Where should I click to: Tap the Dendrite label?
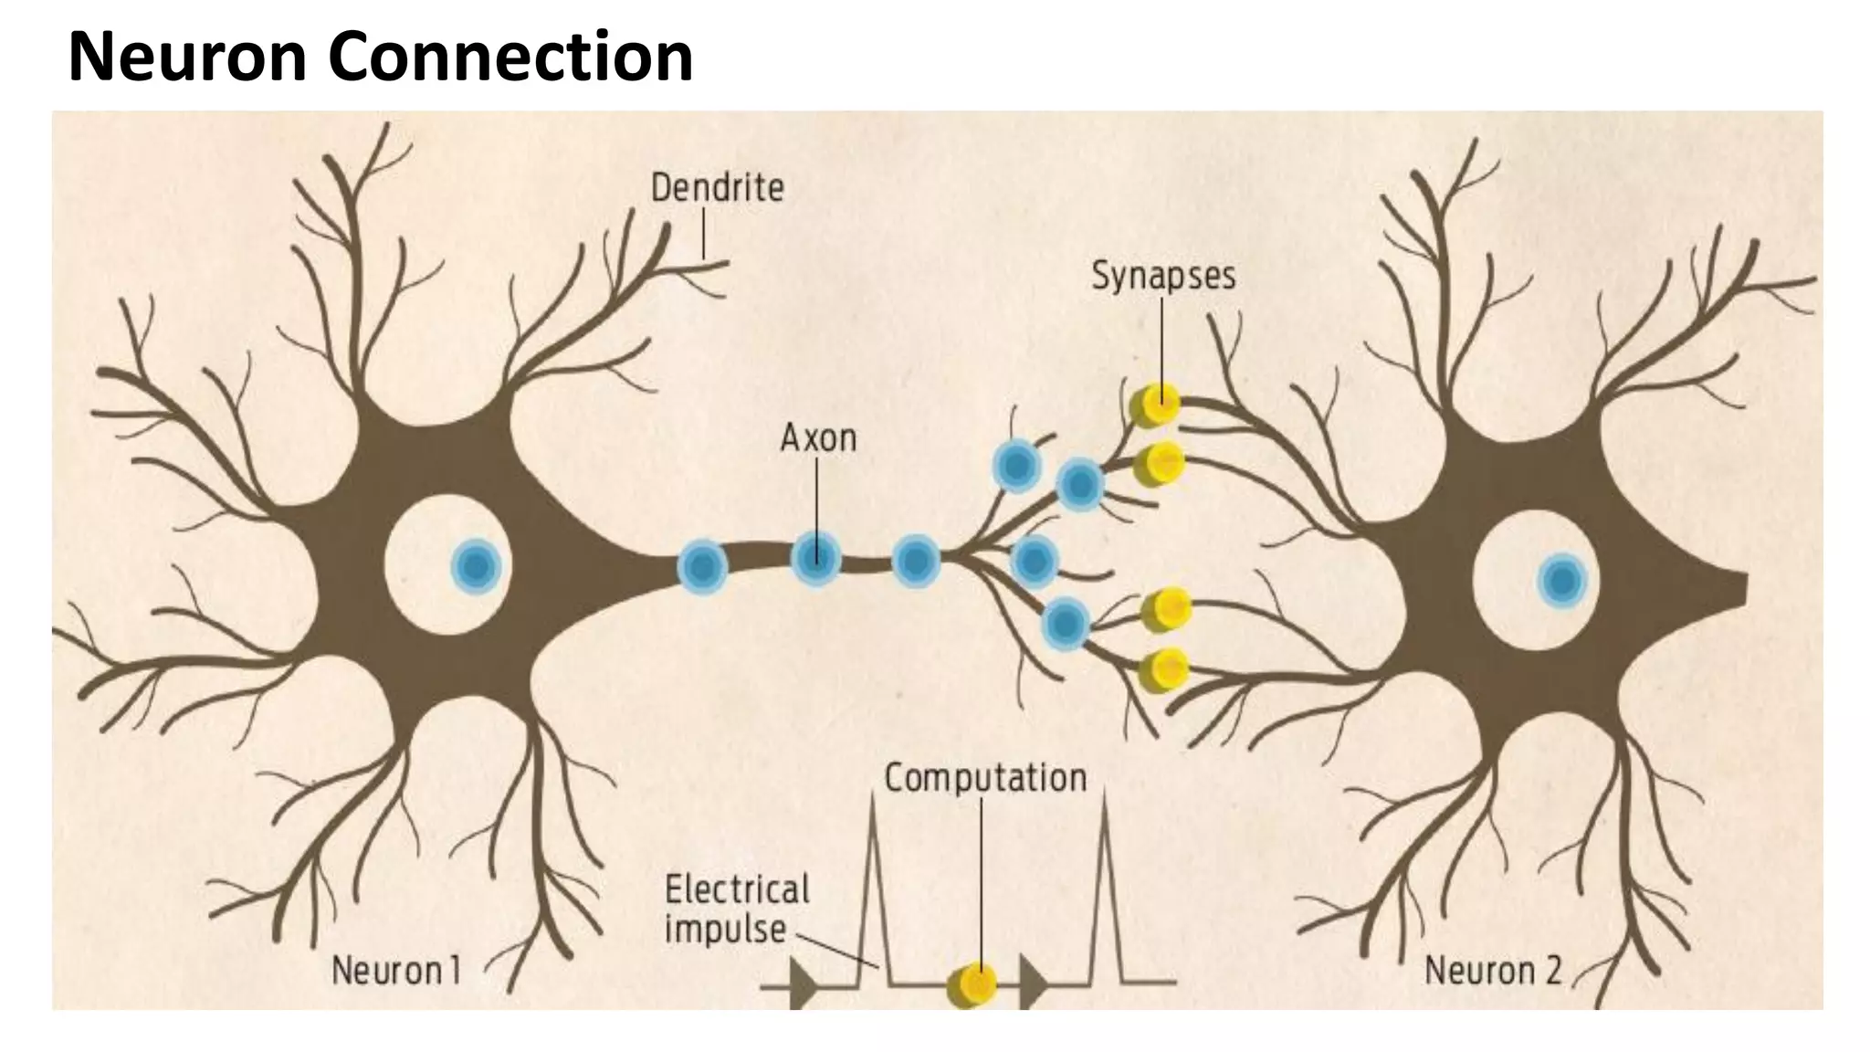pyautogui.click(x=717, y=188)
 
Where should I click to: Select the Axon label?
pyautogui.click(x=818, y=438)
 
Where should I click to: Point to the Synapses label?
pyautogui.click(x=1163, y=275)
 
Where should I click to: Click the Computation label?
pyautogui.click(x=985, y=778)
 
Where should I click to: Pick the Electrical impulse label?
pyautogui.click(x=736, y=909)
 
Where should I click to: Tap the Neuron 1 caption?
pyautogui.click(x=395, y=971)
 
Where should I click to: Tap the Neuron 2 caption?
pyautogui.click(x=1493, y=971)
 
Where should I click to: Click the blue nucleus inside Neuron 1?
pyautogui.click(x=476, y=568)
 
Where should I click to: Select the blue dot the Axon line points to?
pyautogui.click(x=815, y=558)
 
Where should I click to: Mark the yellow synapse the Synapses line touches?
pyautogui.click(x=1158, y=403)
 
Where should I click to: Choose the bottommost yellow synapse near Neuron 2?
pyautogui.click(x=1165, y=669)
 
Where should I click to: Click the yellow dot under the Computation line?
pyautogui.click(x=974, y=984)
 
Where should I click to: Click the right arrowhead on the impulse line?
pyautogui.click(x=1033, y=984)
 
